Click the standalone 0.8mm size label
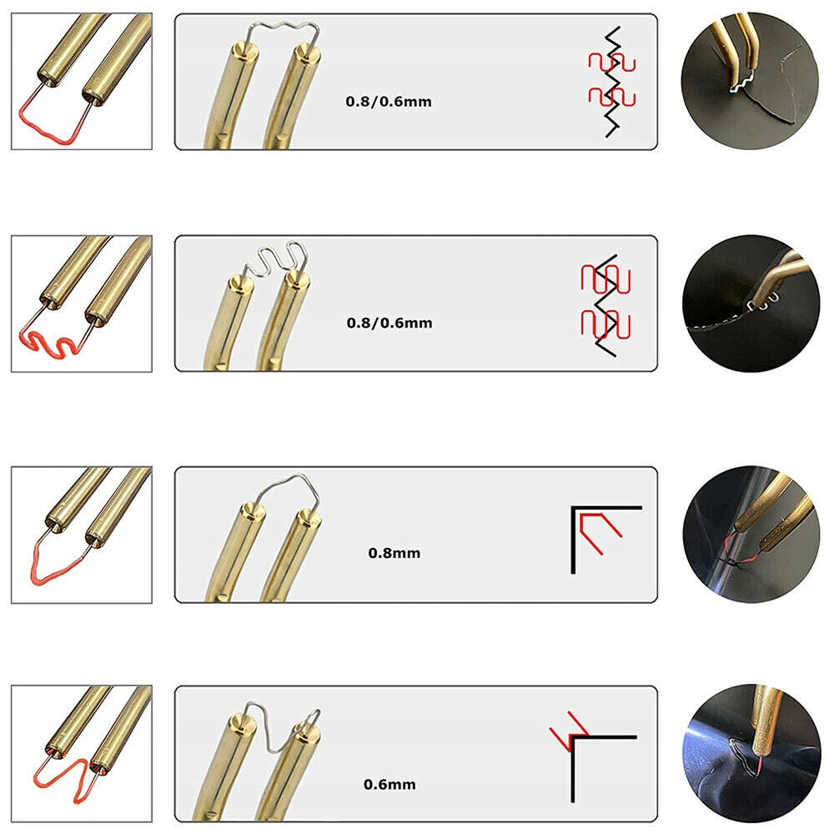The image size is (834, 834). (x=394, y=552)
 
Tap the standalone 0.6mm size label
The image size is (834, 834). (x=389, y=784)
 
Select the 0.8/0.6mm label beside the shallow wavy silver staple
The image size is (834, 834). (x=389, y=102)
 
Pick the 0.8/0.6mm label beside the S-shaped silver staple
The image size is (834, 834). (x=389, y=322)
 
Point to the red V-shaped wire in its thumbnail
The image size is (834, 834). (x=54, y=567)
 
